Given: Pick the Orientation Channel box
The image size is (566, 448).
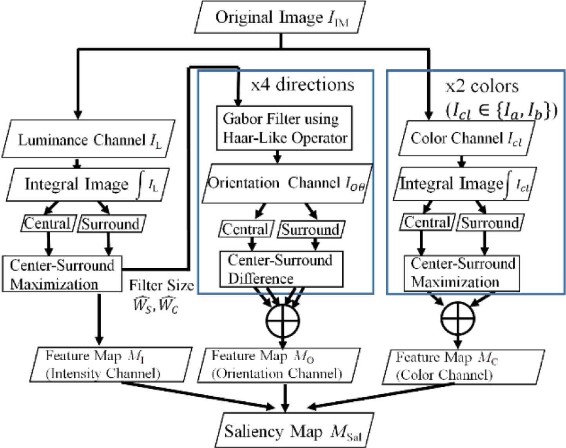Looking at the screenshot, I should [x=287, y=183].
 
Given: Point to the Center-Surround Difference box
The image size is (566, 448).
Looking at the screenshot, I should [x=280, y=269].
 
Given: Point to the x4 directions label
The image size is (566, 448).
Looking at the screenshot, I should [x=302, y=85].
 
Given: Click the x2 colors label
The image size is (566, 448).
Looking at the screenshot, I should [x=482, y=86].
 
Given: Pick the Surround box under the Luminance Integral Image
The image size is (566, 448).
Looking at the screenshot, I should [x=110, y=224].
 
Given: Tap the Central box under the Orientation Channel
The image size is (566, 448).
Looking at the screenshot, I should [x=245, y=229].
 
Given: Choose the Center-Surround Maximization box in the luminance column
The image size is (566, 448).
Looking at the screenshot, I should [x=62, y=274].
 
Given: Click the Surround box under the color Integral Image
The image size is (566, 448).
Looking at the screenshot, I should [x=490, y=223].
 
